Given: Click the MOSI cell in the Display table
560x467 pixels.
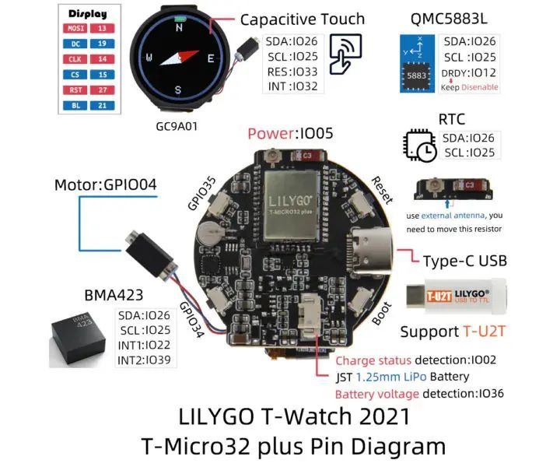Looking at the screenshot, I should click(75, 28).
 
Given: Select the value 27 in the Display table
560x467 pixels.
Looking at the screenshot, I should click(103, 89).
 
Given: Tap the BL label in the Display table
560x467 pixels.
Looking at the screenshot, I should click(75, 104).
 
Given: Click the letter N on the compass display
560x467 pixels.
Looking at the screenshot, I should click(179, 26).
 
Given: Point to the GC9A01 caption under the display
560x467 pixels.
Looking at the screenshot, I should click(177, 123).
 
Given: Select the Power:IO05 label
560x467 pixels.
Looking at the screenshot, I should click(290, 132).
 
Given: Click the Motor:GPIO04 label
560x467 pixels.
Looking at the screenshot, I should click(105, 185).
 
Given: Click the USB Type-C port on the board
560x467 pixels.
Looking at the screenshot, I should click(373, 250).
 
